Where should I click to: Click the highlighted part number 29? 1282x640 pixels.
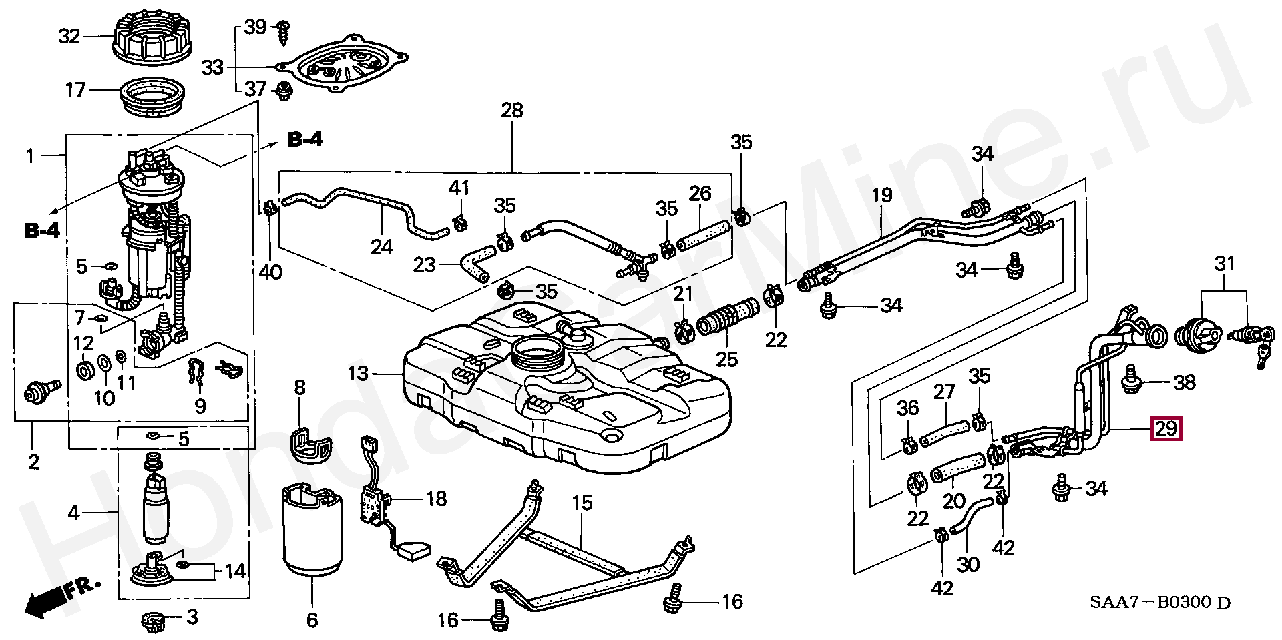point(1165,428)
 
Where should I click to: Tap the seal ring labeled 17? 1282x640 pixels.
point(153,97)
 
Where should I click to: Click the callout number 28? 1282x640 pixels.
point(512,111)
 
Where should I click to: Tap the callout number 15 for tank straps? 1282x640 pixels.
point(582,503)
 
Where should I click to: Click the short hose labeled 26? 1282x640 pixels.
point(702,238)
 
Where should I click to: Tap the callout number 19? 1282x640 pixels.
point(882,196)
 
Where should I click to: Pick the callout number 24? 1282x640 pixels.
point(381,248)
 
